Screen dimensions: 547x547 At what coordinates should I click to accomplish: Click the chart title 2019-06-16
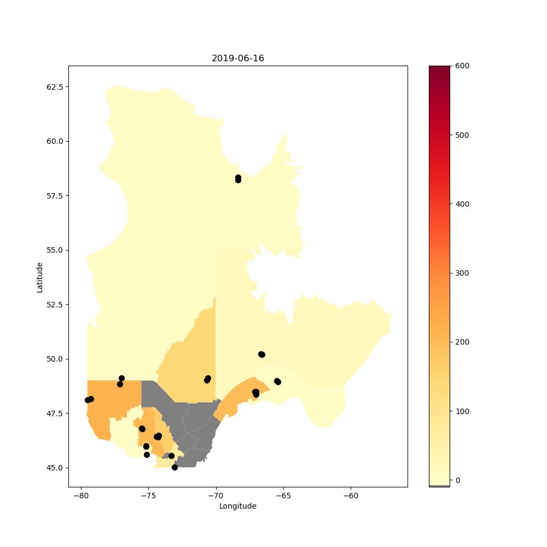[237, 59]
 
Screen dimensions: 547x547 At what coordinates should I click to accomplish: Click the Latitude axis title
[39, 278]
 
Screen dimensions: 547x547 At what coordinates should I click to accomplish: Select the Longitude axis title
[237, 506]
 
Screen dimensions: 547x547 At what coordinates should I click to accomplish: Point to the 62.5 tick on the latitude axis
[55, 87]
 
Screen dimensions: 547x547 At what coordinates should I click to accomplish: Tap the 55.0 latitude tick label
[55, 250]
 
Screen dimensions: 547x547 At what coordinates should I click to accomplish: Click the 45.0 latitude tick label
[55, 468]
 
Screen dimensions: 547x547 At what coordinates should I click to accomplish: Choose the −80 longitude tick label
[81, 496]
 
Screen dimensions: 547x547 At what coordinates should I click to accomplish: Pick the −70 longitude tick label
[216, 496]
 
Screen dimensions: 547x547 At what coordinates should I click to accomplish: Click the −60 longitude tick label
[351, 496]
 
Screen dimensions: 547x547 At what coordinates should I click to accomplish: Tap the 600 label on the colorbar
[462, 66]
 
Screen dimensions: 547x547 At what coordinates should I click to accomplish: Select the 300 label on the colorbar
[462, 273]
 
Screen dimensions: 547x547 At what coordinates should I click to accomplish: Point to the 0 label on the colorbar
[458, 480]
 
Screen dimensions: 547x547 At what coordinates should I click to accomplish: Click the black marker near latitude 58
[238, 179]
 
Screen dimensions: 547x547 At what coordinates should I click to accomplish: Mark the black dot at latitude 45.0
[175, 468]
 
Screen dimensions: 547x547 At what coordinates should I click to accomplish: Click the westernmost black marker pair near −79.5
[89, 400]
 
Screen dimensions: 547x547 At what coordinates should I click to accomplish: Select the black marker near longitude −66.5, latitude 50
[261, 354]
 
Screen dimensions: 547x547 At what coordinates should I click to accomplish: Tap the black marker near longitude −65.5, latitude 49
[277, 382]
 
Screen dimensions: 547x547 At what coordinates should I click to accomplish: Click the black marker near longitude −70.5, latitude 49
[207, 379]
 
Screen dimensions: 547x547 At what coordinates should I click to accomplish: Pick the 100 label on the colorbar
[462, 411]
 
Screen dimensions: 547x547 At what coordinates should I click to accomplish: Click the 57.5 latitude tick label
[55, 196]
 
